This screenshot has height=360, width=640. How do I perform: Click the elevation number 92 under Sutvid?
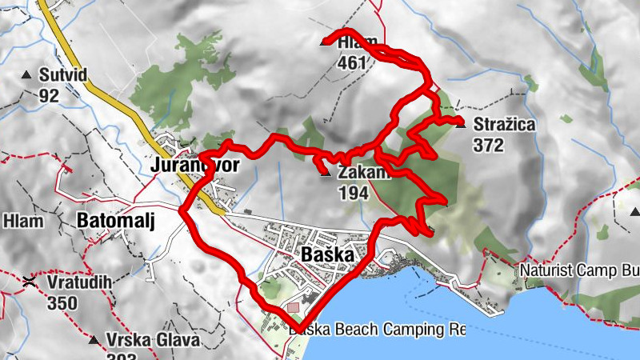49,96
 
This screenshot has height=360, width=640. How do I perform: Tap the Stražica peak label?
504,125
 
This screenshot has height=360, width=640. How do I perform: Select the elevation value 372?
488,145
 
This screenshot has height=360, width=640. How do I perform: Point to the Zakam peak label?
362,173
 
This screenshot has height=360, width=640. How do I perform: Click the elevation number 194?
354,193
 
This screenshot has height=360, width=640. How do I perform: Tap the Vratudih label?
78,282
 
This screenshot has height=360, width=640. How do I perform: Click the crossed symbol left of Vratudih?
30,281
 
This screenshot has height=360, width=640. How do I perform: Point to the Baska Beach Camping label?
376,329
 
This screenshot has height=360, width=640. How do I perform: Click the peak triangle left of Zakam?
325,170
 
